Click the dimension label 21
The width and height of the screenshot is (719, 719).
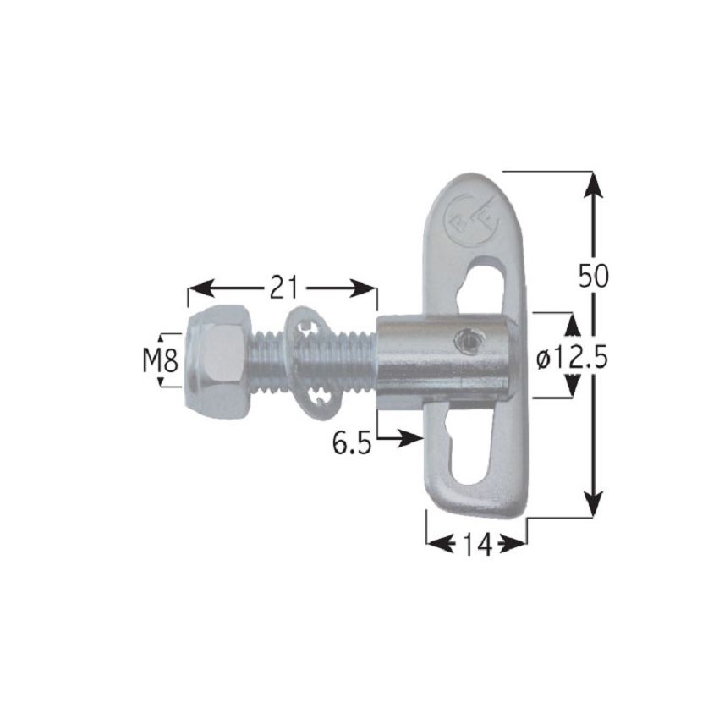[283, 288]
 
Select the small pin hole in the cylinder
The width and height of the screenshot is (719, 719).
[464, 342]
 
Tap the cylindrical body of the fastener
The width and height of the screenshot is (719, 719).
[440, 359]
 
